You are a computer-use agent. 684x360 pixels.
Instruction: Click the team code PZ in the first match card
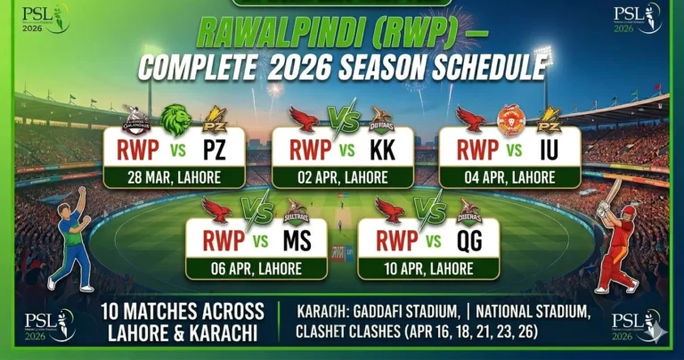pos(213,149)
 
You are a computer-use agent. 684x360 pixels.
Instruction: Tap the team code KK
pos(383,149)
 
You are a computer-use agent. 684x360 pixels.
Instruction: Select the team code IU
pos(549,149)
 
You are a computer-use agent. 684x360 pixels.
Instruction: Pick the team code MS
pos(297,241)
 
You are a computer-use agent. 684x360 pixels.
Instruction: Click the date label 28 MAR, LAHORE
pos(175,177)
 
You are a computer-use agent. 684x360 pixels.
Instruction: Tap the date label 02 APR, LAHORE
pos(343,177)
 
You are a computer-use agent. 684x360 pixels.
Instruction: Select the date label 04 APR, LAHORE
pos(510,177)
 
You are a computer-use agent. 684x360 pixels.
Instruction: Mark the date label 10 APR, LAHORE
pos(429,268)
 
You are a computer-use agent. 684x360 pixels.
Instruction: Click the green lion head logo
pos(175,119)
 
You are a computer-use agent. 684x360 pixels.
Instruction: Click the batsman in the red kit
pos(617,236)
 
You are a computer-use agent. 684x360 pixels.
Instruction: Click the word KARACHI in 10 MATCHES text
pos(226,331)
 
